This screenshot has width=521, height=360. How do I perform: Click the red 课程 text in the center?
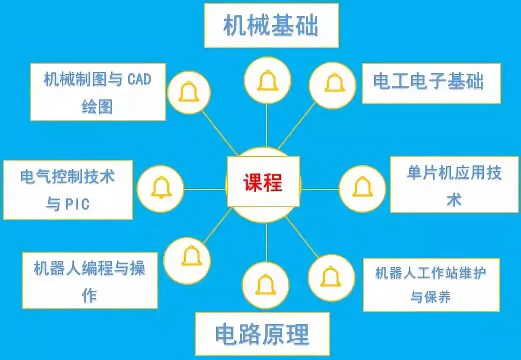click(263, 182)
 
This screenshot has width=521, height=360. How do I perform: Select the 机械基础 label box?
click(270, 25)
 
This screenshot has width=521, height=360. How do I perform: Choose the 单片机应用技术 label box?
click(453, 185)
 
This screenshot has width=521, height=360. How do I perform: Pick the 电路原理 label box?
click(262, 334)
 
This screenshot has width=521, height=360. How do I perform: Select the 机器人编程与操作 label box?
click(89, 280)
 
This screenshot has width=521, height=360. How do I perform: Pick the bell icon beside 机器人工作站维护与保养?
click(331, 276)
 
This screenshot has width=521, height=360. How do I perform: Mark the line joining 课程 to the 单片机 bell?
click(320, 189)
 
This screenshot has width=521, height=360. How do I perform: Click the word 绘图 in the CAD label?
click(97, 106)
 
